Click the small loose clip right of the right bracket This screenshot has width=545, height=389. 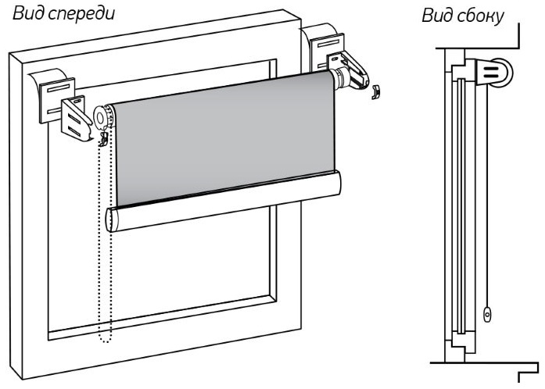[x=375, y=91]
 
